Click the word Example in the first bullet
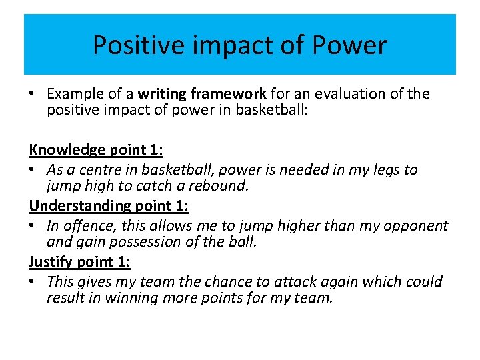pos(72,94)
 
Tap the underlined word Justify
pos(51,262)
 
